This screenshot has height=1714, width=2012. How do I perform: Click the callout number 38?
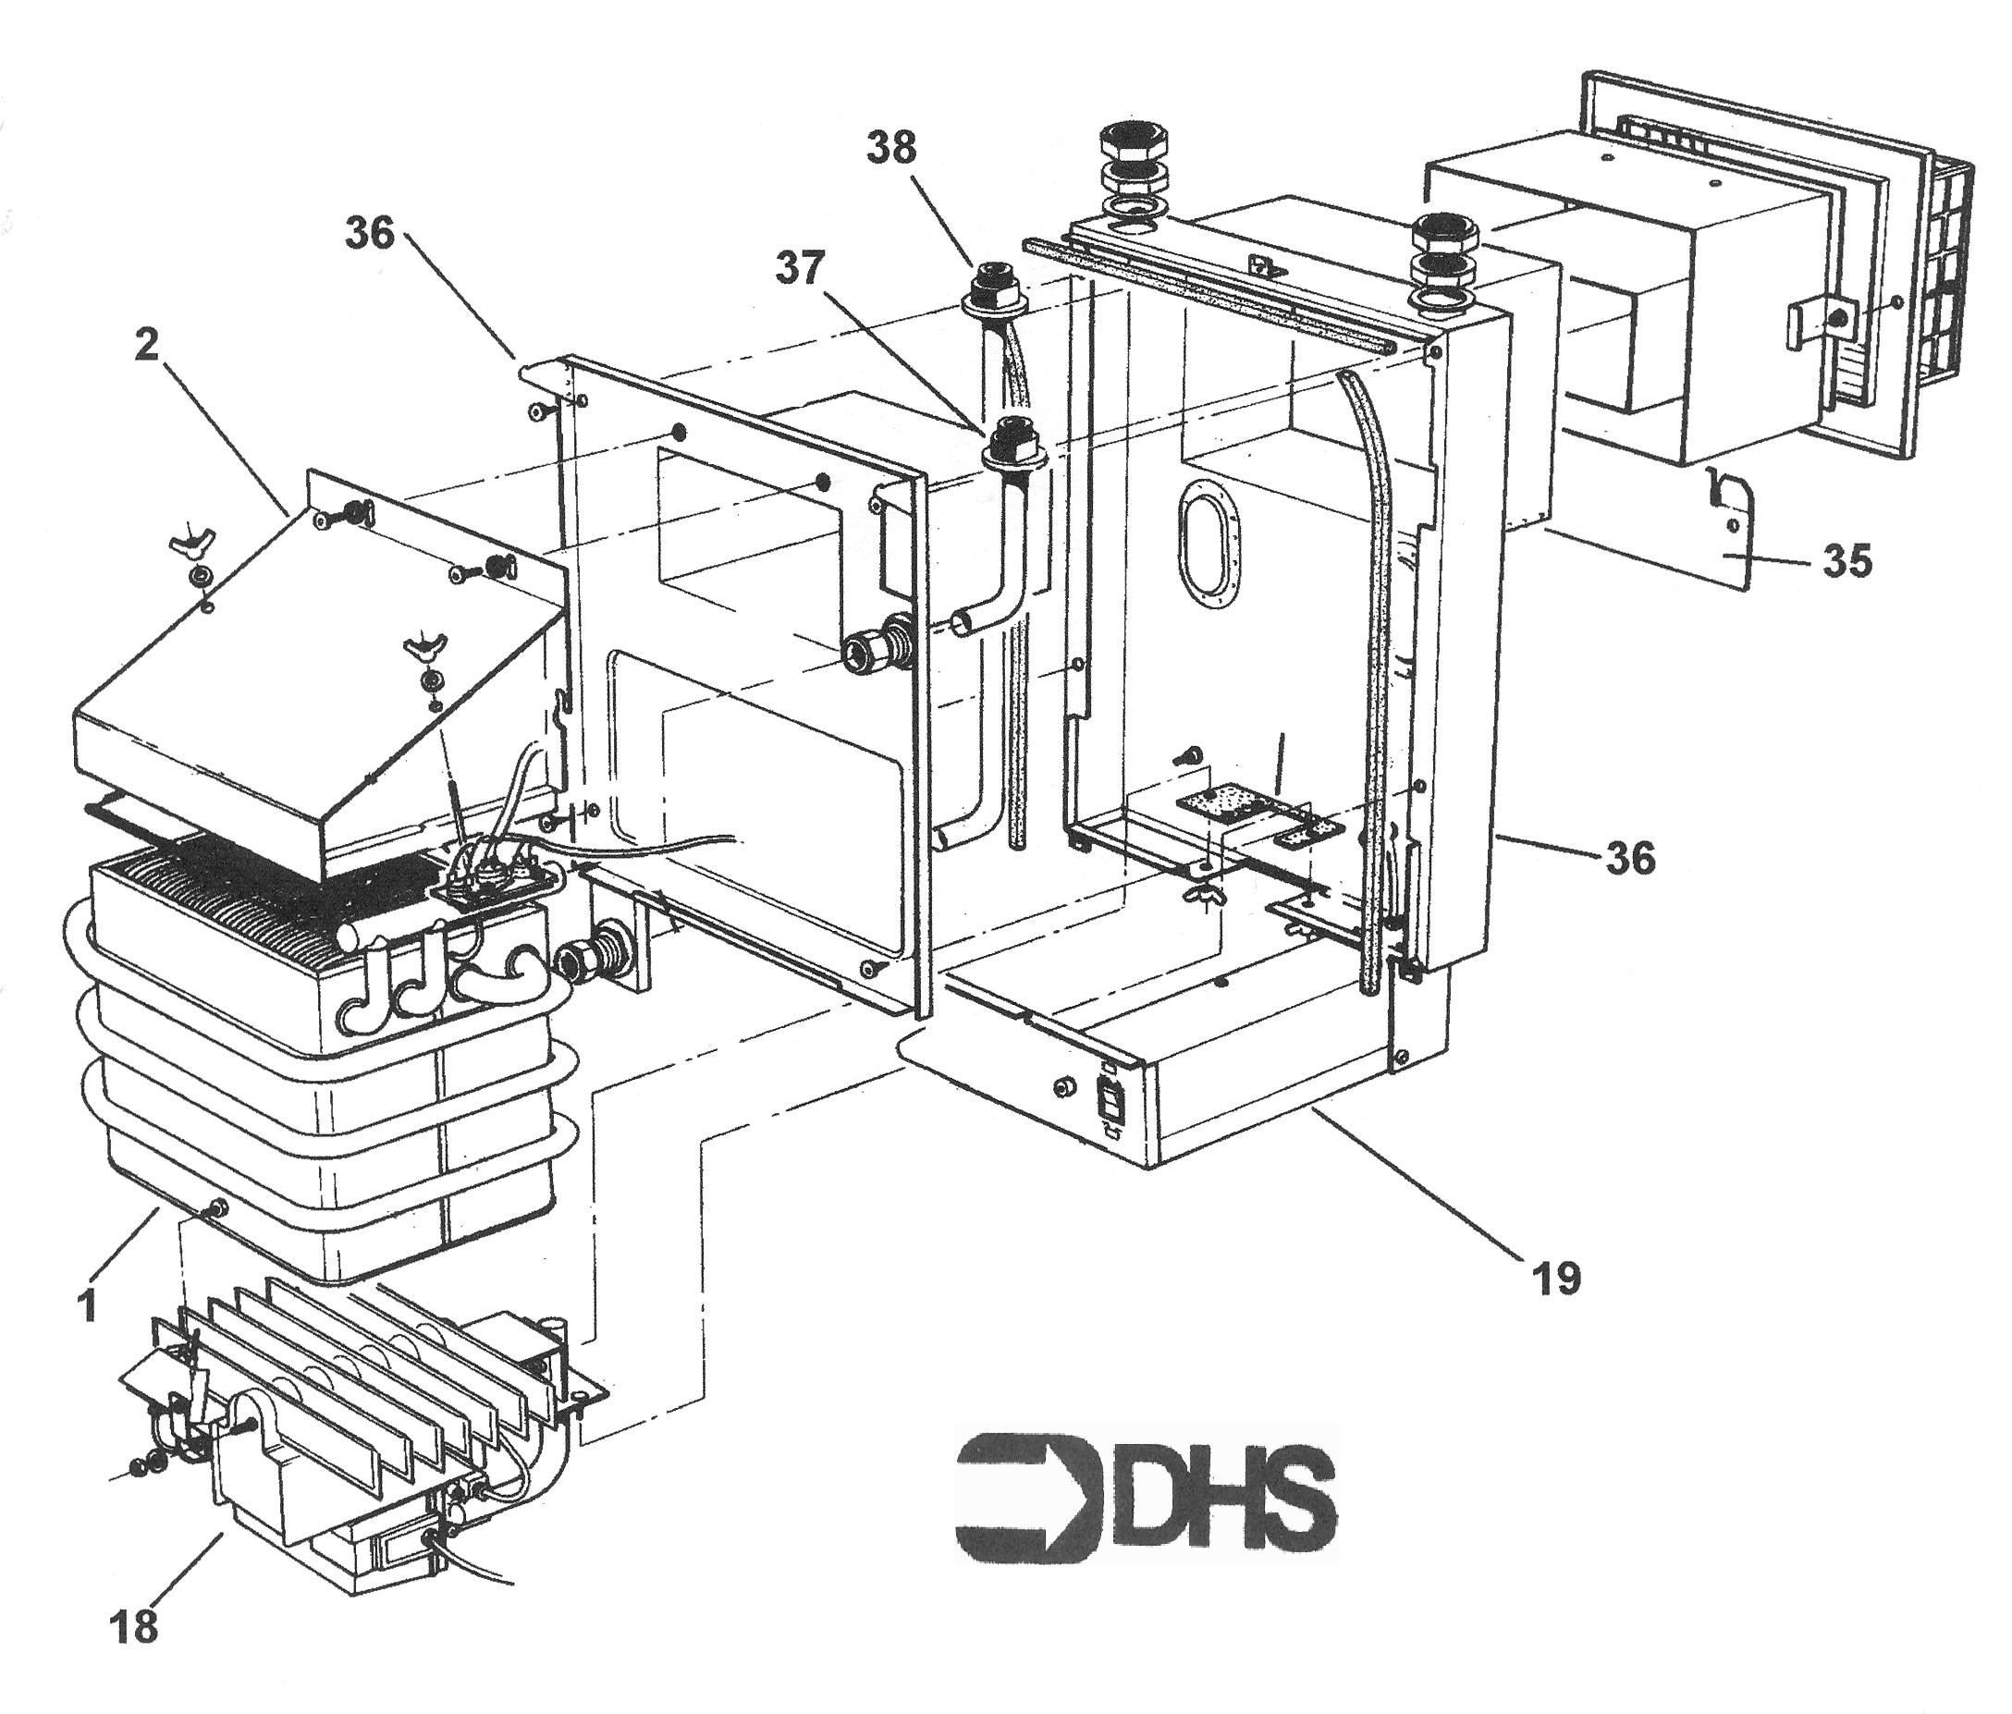890,148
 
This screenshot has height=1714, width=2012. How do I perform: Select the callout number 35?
1846,561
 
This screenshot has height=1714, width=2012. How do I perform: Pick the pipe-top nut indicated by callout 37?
1012,442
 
